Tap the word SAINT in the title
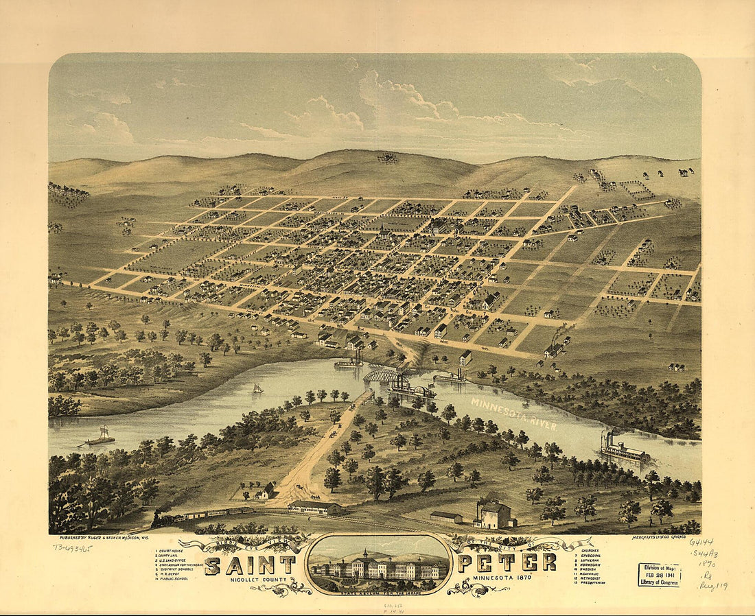(x=250, y=565)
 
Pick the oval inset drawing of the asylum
(x=377, y=564)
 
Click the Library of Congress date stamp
(x=659, y=574)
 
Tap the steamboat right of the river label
(x=624, y=450)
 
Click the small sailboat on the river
(x=258, y=389)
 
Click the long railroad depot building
(x=314, y=508)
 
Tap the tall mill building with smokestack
(x=494, y=514)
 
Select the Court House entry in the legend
(x=172, y=551)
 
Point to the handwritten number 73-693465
(x=72, y=547)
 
